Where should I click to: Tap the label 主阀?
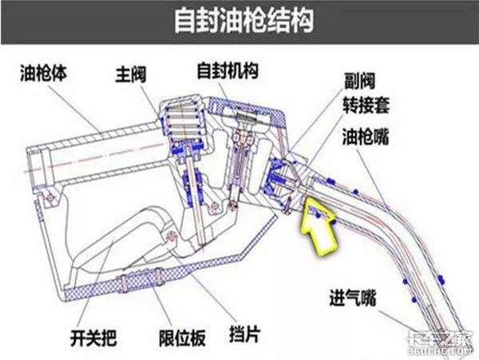[x=132, y=77]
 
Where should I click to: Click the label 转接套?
[x=366, y=104]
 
